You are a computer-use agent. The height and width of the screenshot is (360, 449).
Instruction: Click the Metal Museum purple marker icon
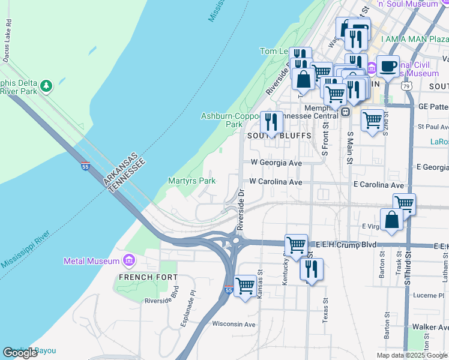(x=128, y=260)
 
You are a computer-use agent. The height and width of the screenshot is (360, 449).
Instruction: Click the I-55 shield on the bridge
(x=85, y=166)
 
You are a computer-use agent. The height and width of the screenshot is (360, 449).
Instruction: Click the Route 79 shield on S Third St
(x=407, y=86)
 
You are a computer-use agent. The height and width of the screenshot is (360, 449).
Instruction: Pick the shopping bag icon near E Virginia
(x=391, y=219)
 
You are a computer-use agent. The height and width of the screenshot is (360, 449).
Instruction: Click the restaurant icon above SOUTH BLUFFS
(x=271, y=122)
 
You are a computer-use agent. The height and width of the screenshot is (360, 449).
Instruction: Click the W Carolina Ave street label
(x=276, y=181)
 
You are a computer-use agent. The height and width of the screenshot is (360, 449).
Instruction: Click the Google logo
(x=20, y=353)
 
